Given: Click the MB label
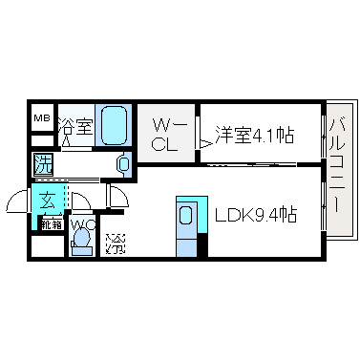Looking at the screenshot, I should coord(42,117).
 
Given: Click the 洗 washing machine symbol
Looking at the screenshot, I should coord(43,163).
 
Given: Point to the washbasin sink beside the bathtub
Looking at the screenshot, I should coord(124,164).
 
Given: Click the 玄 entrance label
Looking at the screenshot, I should coord(48,201).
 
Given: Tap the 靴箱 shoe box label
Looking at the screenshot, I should coord(49,226).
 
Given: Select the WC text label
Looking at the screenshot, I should coord(81,227).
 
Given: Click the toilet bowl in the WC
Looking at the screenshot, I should coord(81,245).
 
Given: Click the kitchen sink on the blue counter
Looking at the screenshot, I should coord(185,217).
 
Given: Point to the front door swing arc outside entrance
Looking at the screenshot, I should coord(18,201).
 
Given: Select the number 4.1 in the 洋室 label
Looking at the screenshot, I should coord(263,135).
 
